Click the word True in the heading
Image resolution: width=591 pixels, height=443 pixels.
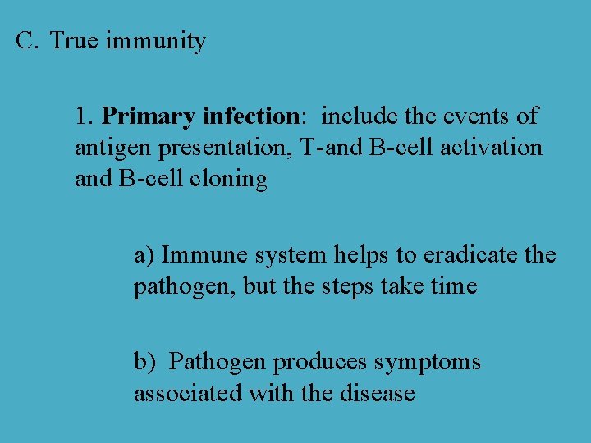click(75, 40)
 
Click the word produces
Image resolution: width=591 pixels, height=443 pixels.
click(321, 363)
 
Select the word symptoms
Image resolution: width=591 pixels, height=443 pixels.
click(428, 363)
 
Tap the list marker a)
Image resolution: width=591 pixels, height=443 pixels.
click(144, 255)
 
